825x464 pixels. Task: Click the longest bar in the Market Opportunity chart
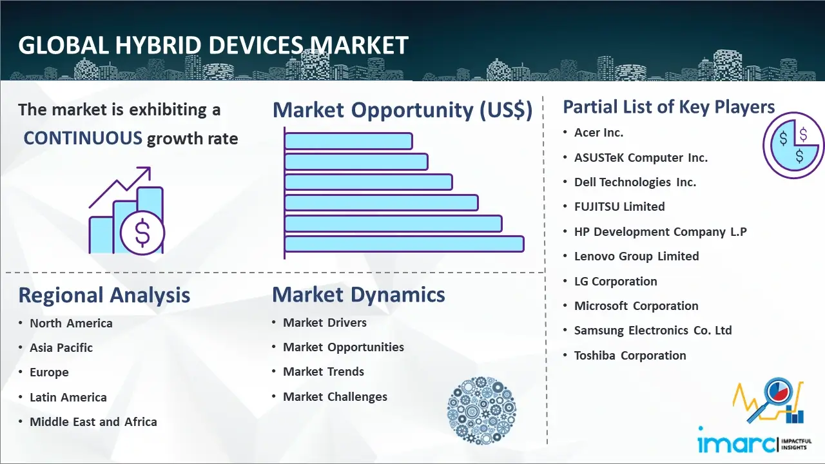[404, 244]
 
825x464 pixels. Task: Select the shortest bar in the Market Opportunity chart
[349, 141]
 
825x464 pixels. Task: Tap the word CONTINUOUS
[83, 139]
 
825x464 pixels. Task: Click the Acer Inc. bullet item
[599, 133]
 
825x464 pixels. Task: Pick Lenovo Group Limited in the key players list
[636, 256]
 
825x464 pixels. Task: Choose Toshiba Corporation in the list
[630, 355]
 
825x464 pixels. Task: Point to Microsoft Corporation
[636, 305]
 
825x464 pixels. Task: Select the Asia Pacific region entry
[61, 347]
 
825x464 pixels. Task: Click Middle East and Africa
[93, 421]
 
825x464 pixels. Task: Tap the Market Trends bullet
[324, 372]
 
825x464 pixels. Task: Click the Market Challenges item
[335, 396]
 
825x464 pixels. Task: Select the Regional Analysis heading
[104, 295]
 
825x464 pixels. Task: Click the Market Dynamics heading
[358, 295]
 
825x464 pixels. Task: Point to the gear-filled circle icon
[481, 411]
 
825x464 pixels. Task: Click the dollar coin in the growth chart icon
[142, 233]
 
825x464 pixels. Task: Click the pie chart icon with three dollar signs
[793, 146]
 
